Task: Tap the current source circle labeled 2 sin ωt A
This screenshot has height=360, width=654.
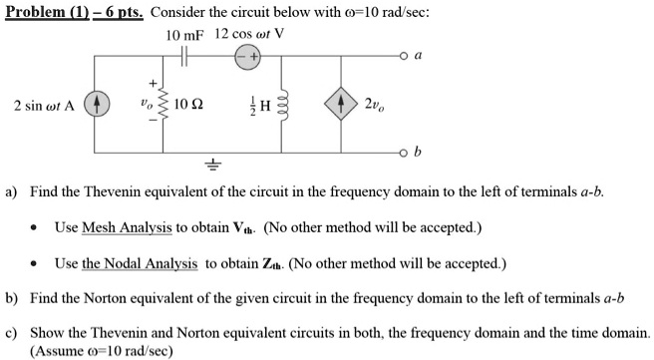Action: point(98,104)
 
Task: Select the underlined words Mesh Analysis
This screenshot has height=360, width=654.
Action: point(127,227)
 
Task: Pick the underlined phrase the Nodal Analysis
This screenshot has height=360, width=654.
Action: point(140,263)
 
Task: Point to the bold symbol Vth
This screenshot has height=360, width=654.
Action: point(244,228)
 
